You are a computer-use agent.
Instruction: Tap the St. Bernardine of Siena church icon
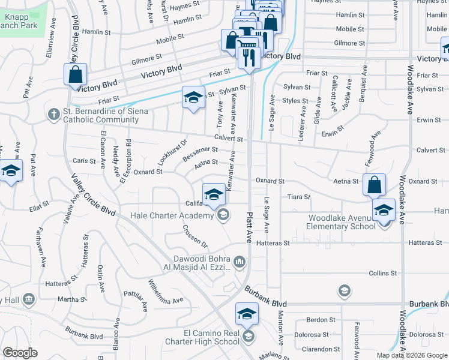[x=53, y=113]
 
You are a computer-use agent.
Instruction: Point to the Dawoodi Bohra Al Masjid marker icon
[x=239, y=261]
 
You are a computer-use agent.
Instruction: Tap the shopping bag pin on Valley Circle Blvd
[x=75, y=76]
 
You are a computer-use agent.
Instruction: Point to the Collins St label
[x=379, y=273]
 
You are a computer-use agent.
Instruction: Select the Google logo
[x=20, y=353]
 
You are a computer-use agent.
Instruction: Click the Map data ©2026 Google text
[x=412, y=355]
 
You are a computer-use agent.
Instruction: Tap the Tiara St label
[x=298, y=197]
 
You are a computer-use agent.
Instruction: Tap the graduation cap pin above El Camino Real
[x=246, y=314]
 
